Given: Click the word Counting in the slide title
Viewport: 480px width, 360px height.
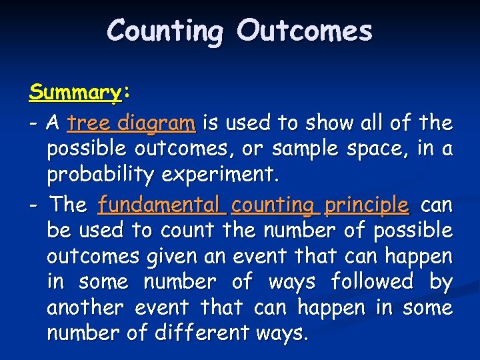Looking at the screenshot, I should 165,31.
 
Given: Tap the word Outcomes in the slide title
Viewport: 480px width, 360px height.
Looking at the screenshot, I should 304,31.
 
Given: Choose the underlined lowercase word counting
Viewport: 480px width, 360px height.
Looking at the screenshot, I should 275,205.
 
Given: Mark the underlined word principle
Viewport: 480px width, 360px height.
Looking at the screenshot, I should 367,205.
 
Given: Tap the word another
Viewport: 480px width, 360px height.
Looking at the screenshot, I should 86,309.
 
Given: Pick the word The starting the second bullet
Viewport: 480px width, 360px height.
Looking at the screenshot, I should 69,204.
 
